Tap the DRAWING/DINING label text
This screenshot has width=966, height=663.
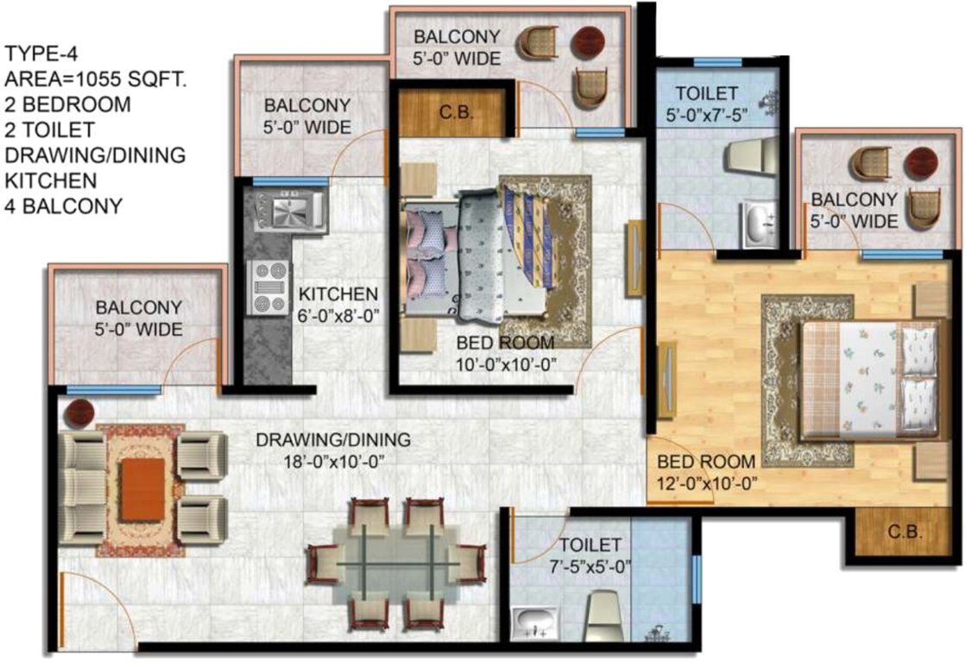click(x=333, y=440)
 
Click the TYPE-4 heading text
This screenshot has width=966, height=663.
click(x=42, y=56)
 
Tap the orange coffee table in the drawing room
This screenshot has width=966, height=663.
click(x=142, y=489)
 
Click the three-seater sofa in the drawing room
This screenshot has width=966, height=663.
click(x=82, y=488)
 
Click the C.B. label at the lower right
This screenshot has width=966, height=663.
click(x=906, y=532)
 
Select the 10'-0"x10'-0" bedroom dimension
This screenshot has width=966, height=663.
click(x=505, y=363)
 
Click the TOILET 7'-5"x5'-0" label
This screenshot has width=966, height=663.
click(x=590, y=556)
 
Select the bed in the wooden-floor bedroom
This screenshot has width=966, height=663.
click(x=868, y=378)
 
